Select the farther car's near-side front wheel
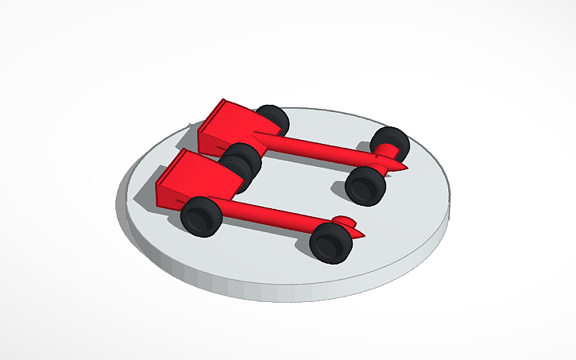coord(365,185)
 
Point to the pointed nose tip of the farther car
coord(406,168)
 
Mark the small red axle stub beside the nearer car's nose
coord(343,220)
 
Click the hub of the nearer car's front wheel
coord(327,244)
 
